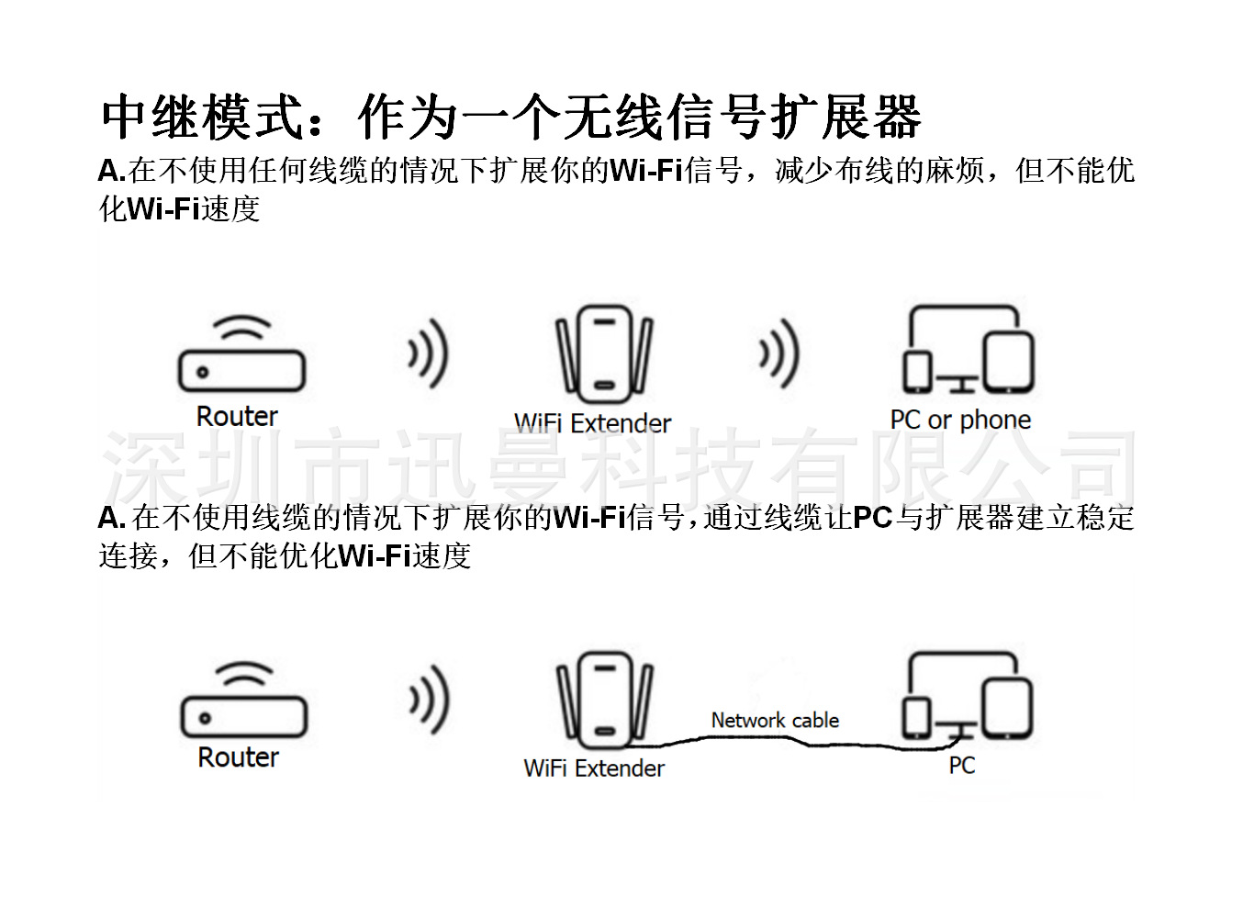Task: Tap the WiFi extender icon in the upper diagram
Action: pos(603,353)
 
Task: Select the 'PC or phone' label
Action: pos(960,420)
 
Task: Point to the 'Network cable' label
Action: pos(775,721)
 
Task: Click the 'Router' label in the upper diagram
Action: pos(237,417)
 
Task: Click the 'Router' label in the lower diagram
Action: pos(238,757)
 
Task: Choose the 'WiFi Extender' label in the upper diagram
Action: pos(592,423)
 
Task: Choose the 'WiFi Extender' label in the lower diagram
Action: pos(594,768)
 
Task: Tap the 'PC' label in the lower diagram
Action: pos(961,766)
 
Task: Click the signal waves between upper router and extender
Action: pos(428,353)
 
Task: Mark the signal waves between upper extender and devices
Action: pos(779,353)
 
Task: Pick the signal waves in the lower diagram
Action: pos(429,701)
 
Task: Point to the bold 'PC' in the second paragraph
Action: pos(872,518)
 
